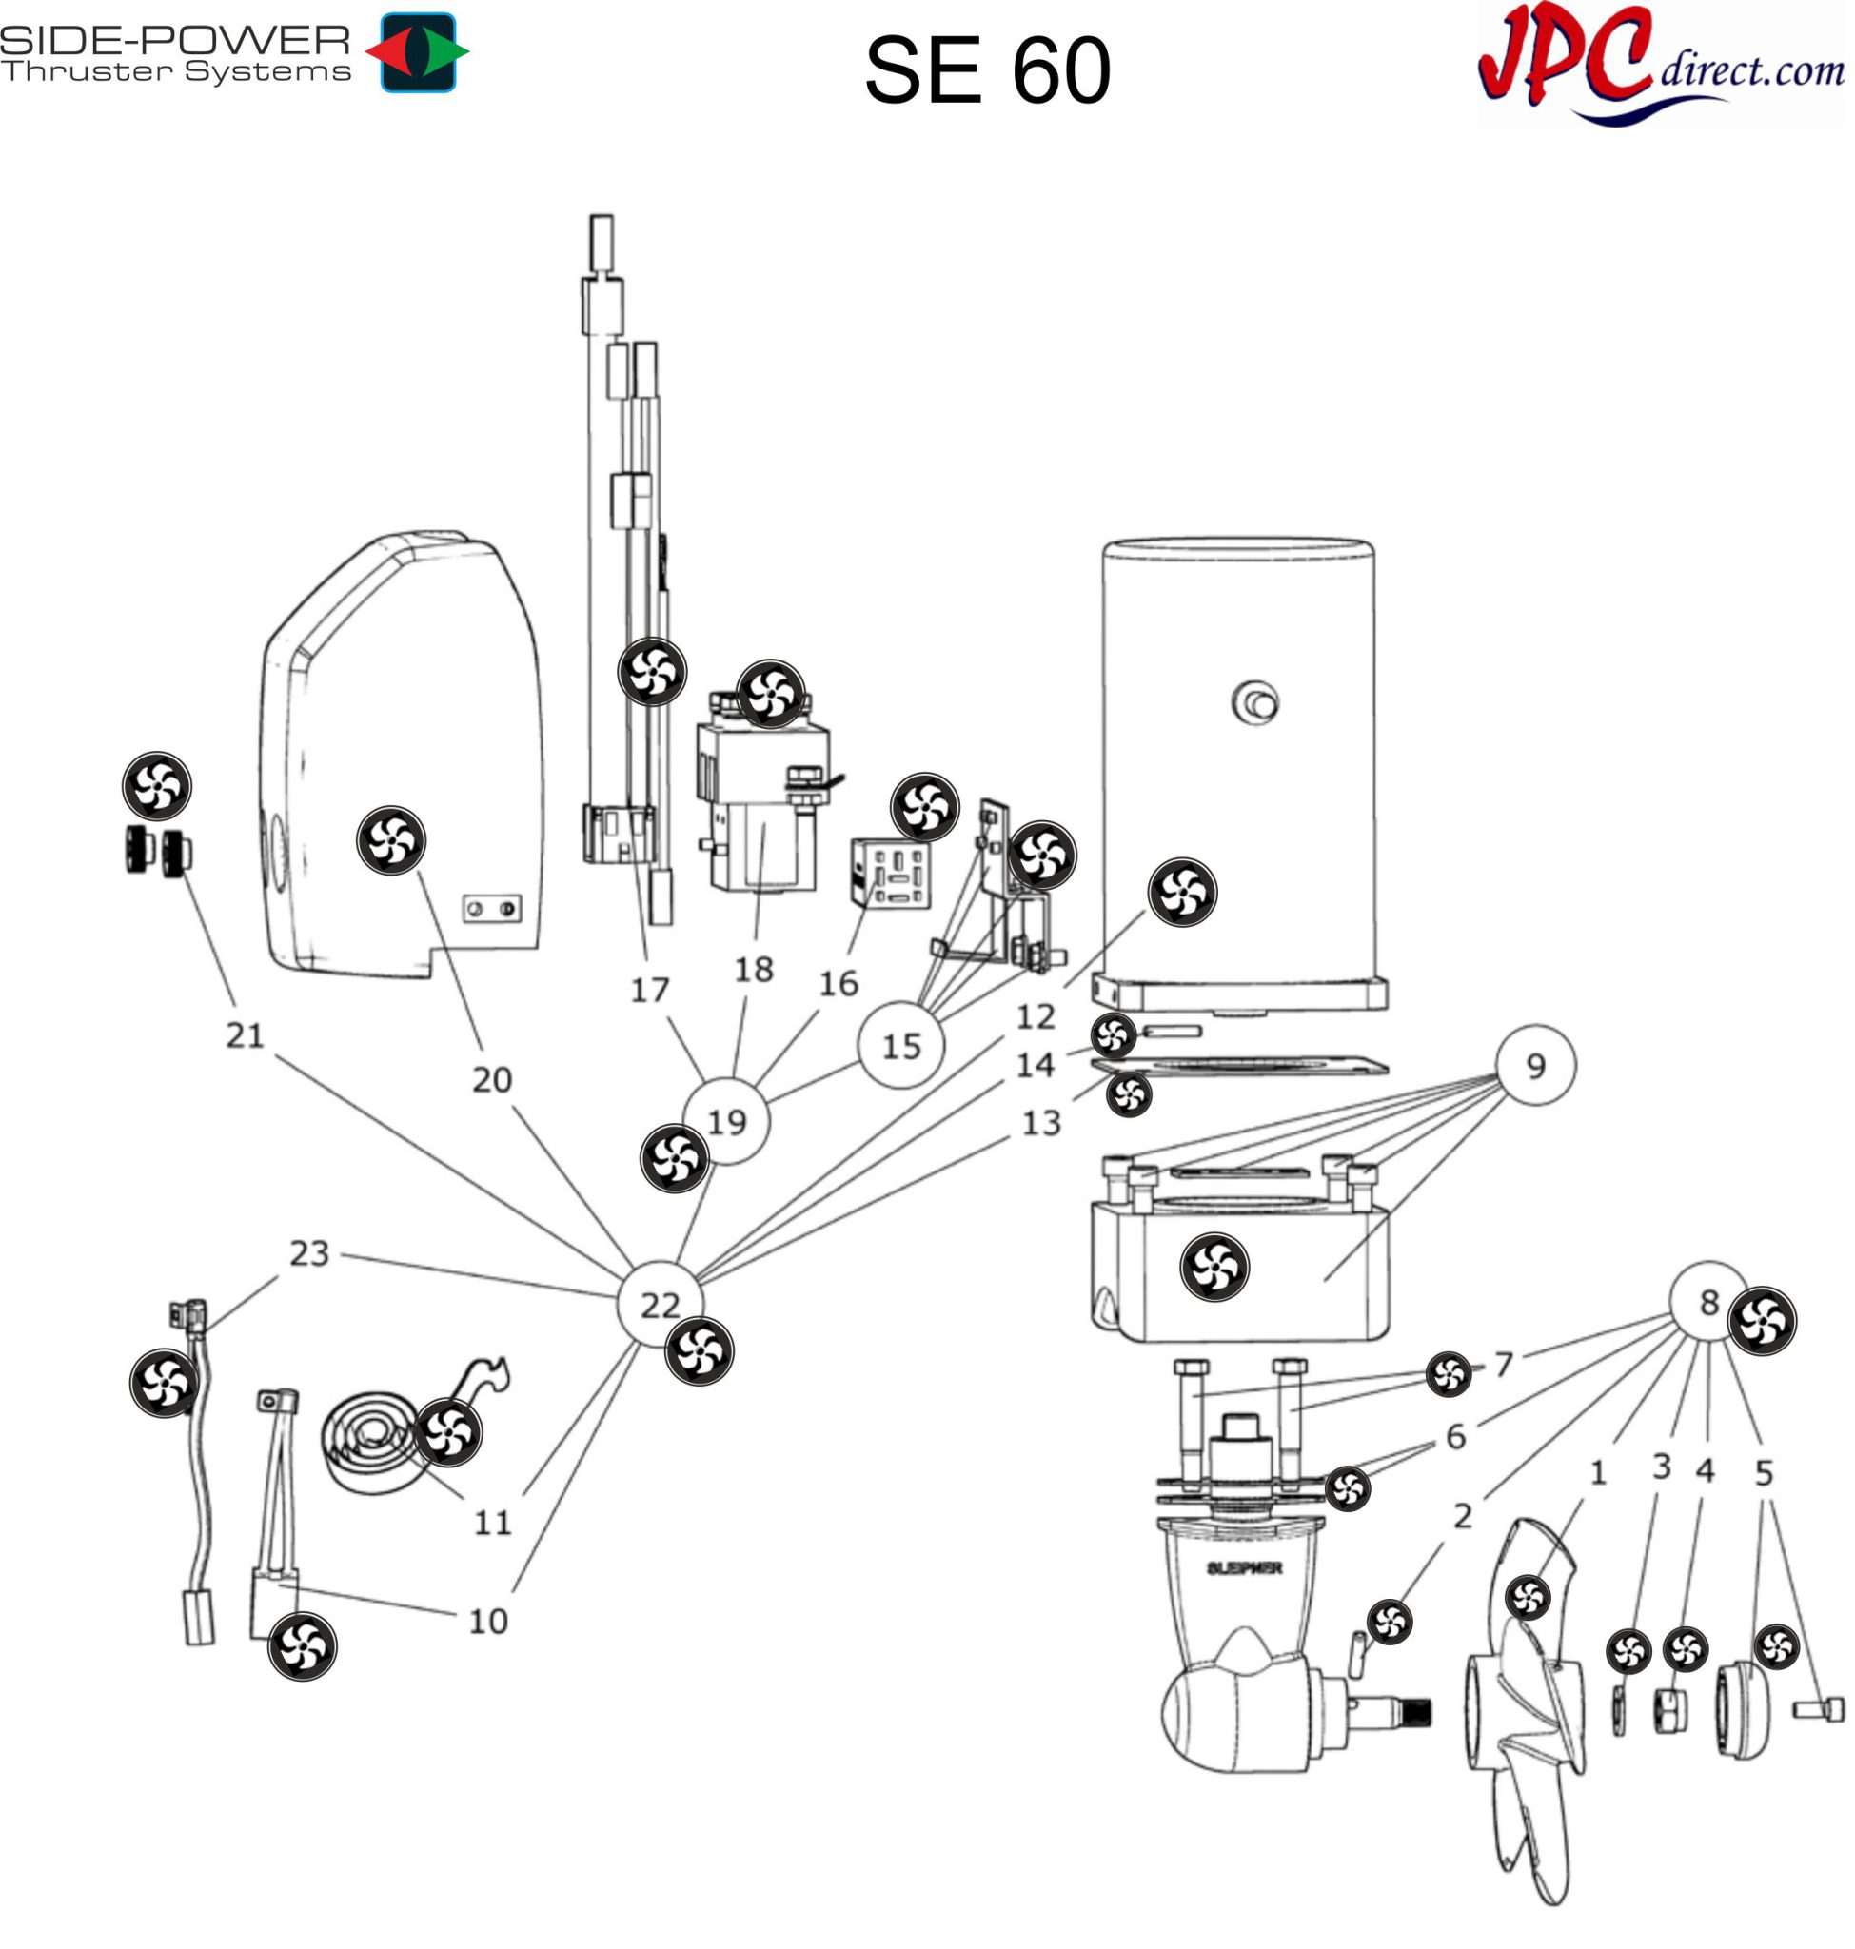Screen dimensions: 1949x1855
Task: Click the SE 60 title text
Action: click(987, 70)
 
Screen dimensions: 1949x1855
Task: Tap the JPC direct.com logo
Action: click(1661, 65)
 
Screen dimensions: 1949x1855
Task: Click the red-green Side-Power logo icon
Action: click(417, 52)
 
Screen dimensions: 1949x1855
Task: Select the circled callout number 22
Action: click(660, 1306)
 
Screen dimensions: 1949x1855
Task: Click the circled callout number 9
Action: click(1534, 1066)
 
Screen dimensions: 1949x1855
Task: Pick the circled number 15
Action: click(900, 1046)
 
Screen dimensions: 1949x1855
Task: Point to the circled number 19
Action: click(727, 1122)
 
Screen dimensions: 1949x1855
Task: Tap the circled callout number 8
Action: click(1708, 1303)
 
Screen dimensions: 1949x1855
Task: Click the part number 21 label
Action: click(246, 1035)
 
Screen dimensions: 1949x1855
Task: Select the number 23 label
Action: click(308, 1254)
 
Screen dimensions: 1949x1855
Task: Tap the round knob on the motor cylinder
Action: click(1255, 704)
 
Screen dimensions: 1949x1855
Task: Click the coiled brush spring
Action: click(371, 1446)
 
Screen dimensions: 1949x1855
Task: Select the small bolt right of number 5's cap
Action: click(1820, 1709)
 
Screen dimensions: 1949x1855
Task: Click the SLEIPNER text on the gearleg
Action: click(1244, 1568)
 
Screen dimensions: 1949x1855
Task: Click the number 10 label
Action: click(487, 1622)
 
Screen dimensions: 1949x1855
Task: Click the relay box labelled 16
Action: click(890, 872)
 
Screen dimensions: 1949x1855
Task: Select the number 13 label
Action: click(1040, 1123)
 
